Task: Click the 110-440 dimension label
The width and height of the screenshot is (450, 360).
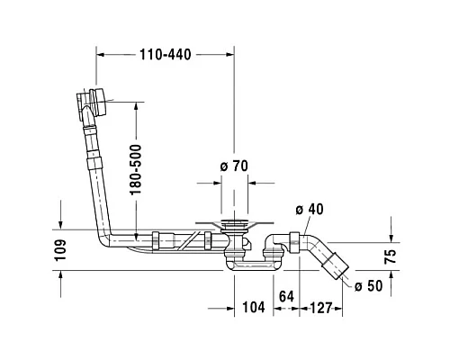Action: (x=166, y=55)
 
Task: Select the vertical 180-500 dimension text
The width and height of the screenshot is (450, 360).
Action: (x=136, y=169)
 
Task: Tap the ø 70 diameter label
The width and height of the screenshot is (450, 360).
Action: (x=234, y=166)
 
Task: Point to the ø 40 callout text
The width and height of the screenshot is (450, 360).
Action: (x=310, y=210)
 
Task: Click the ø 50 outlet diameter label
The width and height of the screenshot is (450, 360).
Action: (x=369, y=286)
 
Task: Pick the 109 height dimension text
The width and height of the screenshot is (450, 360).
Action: (x=61, y=250)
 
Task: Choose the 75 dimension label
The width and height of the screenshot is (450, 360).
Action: (x=391, y=256)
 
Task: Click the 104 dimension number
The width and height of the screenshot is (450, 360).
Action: (x=254, y=307)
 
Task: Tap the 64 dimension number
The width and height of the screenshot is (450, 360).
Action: (x=286, y=297)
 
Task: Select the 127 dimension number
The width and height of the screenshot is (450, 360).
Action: (x=321, y=308)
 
